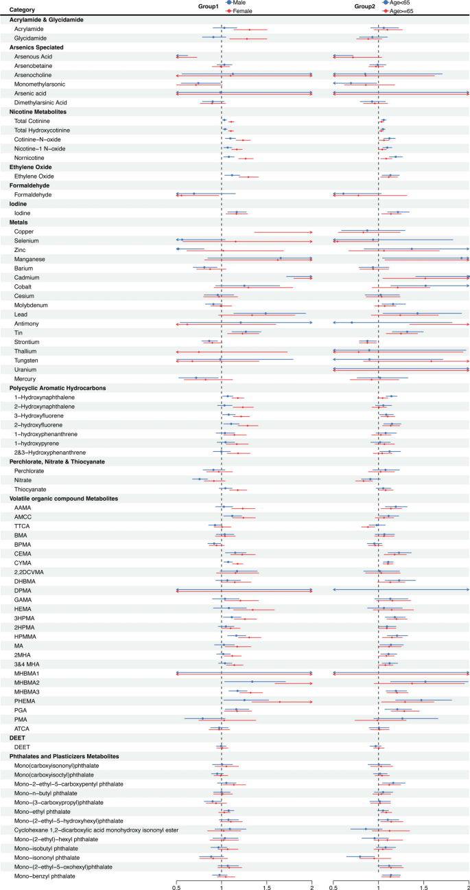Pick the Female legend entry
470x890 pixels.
[241, 10]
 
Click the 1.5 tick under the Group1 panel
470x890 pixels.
[266, 885]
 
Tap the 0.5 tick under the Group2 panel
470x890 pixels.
[333, 885]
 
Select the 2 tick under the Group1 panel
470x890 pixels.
[312, 885]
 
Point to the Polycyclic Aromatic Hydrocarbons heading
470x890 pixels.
[58, 388]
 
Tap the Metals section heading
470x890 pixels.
[20, 223]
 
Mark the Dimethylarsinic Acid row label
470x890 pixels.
[40, 102]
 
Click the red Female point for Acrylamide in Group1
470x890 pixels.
[250, 30]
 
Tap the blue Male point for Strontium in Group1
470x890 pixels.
[210, 341]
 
